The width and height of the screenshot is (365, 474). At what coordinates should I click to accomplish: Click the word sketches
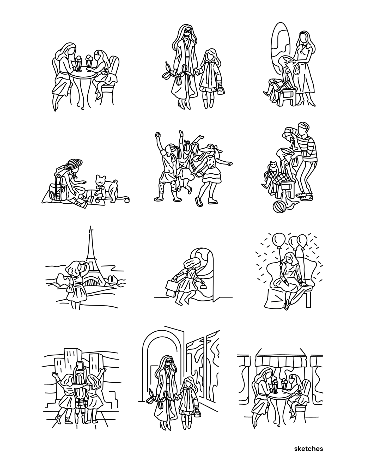point(308,449)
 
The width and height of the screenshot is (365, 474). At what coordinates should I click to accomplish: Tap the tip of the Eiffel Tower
point(91,226)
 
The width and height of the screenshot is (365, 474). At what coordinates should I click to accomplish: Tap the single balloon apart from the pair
point(277,239)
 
